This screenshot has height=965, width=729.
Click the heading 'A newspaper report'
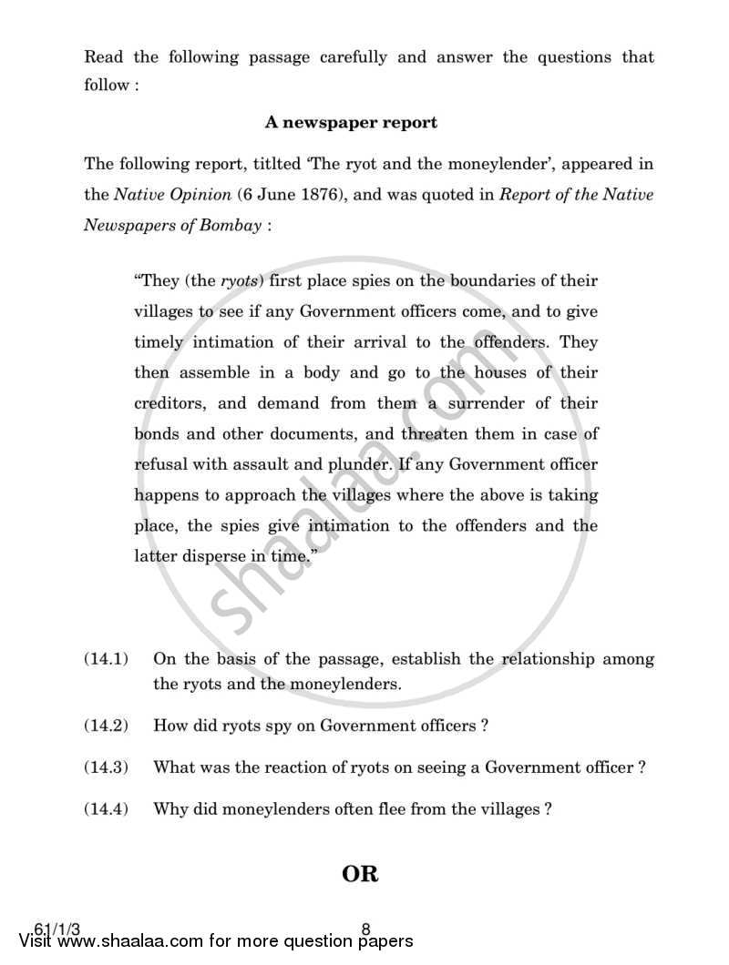351,121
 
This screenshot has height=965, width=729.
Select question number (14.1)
108,658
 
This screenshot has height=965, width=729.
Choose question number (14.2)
108,726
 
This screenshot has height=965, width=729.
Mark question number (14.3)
108,767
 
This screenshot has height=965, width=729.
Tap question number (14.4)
108,808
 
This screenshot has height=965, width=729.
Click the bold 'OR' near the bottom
360,874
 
